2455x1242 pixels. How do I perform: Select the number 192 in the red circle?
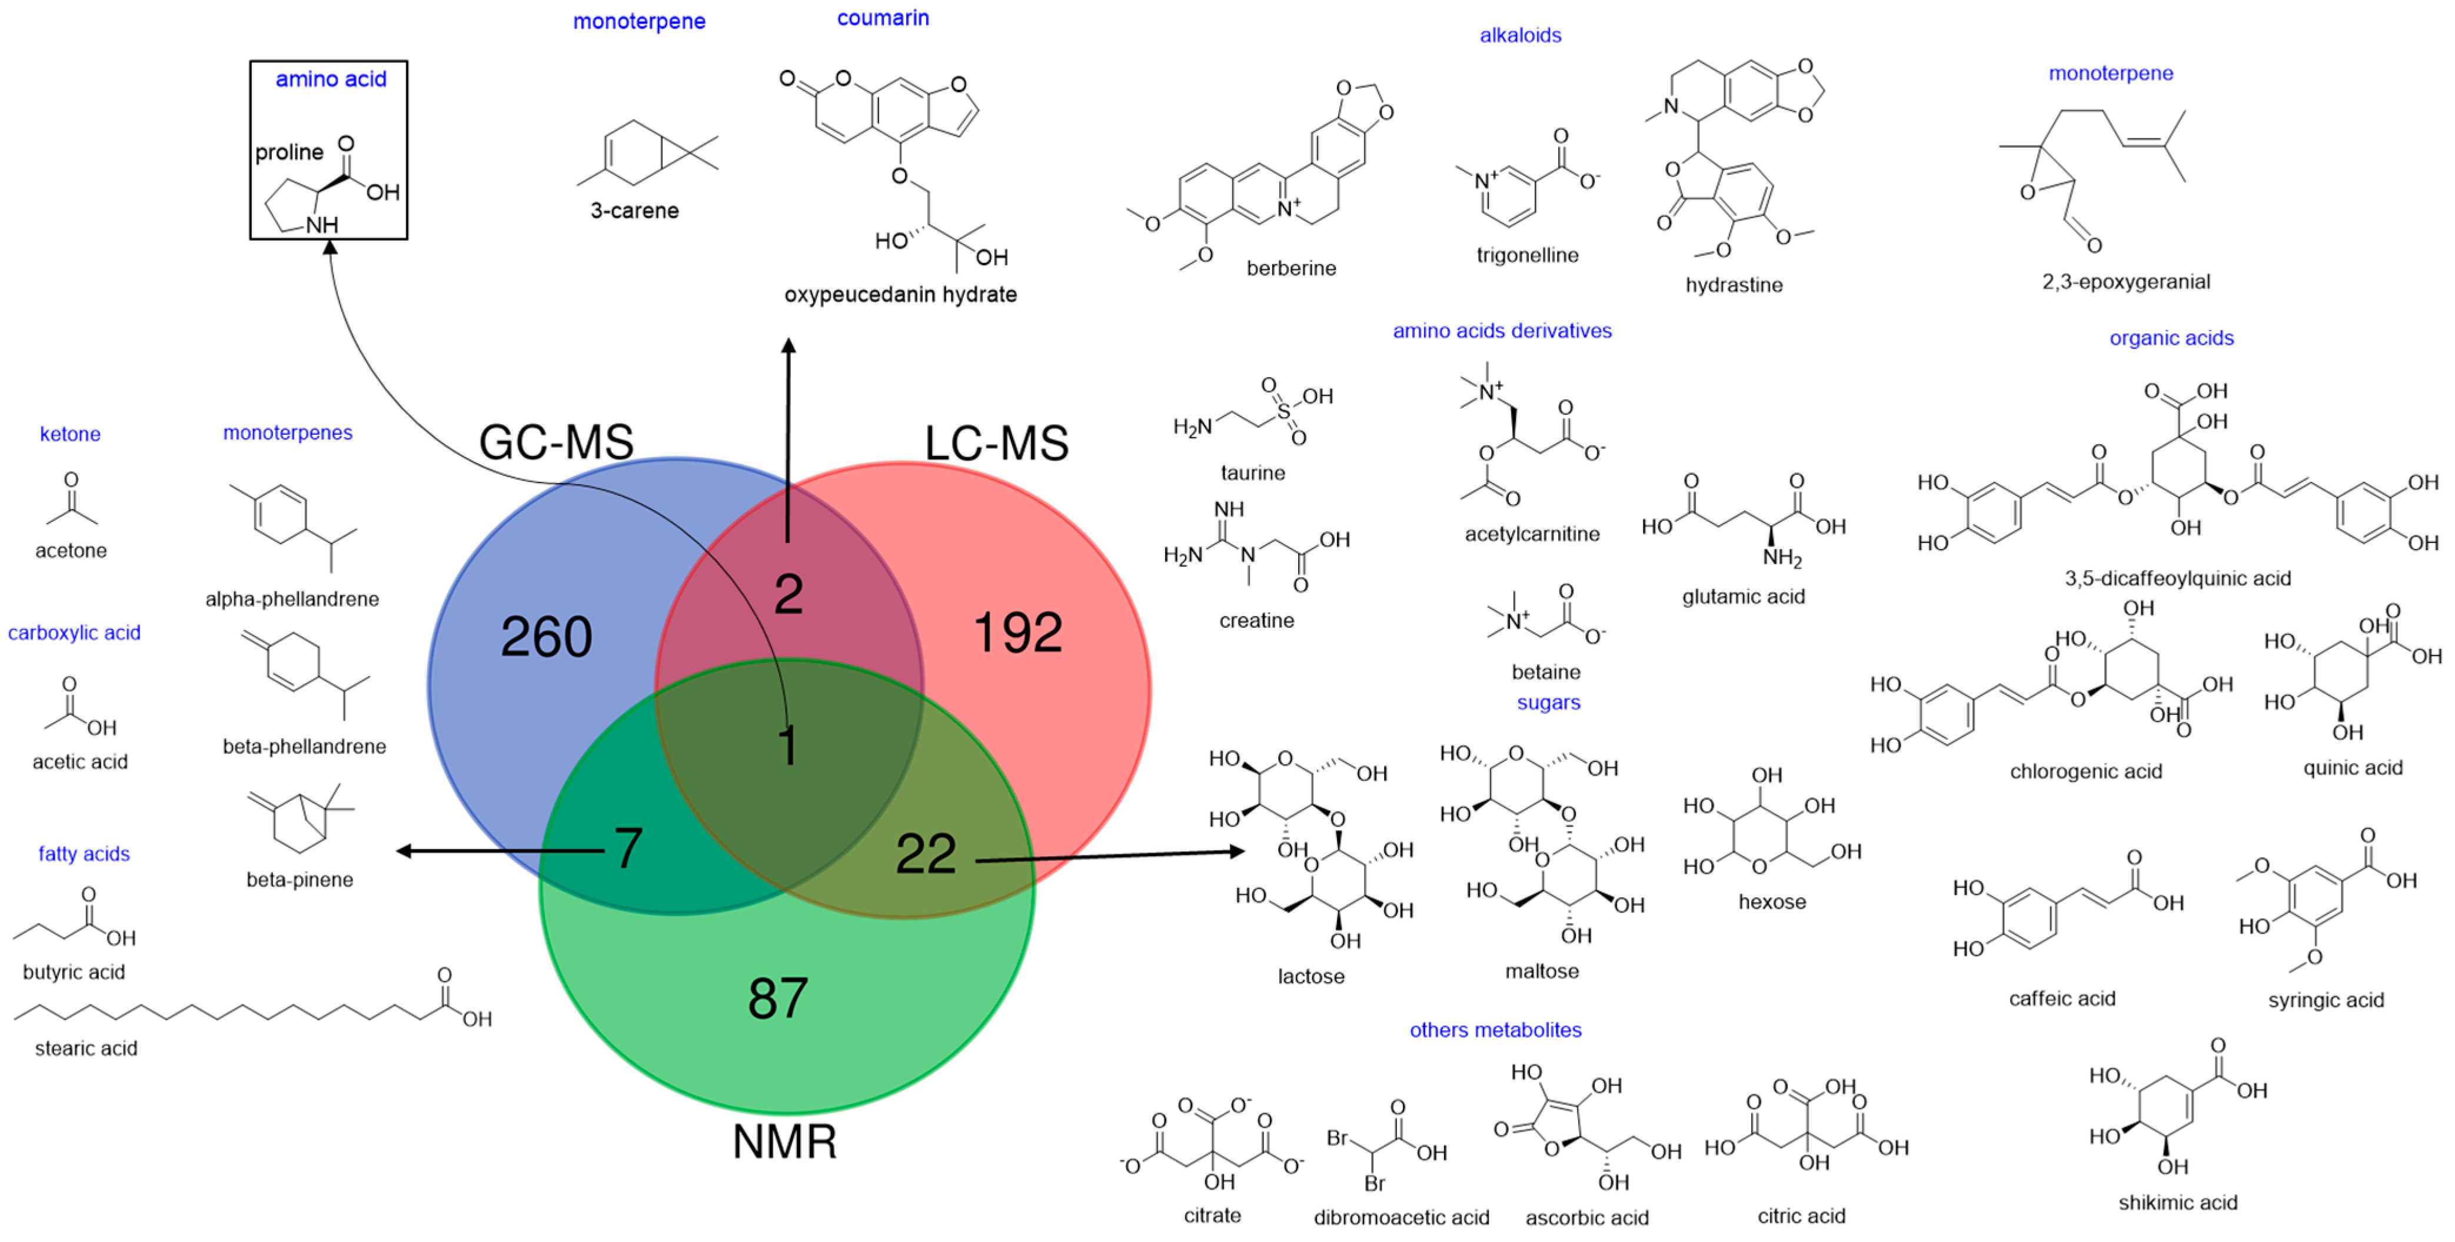pos(1018,633)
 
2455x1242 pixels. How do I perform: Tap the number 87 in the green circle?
pos(778,998)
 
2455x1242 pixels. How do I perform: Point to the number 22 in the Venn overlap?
pos(926,854)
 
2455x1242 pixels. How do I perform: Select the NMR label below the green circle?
pos(784,1141)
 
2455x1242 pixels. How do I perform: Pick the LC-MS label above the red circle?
pos(997,443)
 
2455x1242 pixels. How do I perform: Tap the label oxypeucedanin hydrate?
pos(900,295)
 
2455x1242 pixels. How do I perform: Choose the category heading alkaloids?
pos(1520,35)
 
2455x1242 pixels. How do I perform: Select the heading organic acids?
pos(2171,338)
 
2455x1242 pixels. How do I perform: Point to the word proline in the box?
pos(289,152)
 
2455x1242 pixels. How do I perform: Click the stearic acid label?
pos(86,1048)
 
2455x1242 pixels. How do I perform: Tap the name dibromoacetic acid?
pos(1401,1217)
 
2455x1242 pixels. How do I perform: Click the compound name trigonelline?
pos(1527,255)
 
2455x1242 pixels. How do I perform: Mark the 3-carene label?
pos(634,211)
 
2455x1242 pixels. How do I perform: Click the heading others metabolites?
pos(1495,1030)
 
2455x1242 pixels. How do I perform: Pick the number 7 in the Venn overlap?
pos(627,848)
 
